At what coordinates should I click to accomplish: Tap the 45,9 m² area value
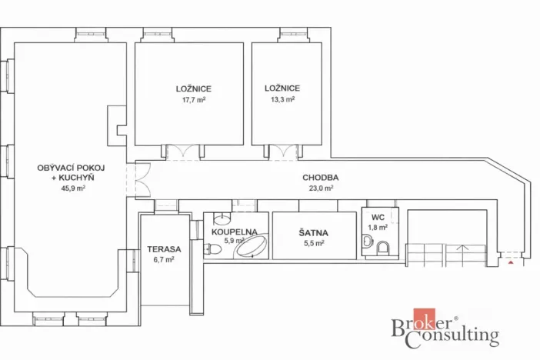pos(70,187)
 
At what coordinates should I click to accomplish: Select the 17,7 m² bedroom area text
pos(193,99)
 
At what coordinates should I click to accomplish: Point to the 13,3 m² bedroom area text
pos(282,99)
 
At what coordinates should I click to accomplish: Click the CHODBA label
pos(320,177)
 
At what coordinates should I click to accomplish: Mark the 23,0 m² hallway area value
pos(320,188)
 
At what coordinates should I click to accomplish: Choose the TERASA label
pos(164,249)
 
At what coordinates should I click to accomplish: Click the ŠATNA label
pos(312,232)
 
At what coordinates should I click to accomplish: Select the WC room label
pos(378,218)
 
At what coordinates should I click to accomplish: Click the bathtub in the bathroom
pos(252,246)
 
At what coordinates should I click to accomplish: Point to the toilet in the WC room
pos(382,246)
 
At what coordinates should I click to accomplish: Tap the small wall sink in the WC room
pos(367,244)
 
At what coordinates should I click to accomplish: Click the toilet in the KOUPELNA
pos(209,248)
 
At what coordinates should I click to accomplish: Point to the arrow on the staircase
pos(462,248)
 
